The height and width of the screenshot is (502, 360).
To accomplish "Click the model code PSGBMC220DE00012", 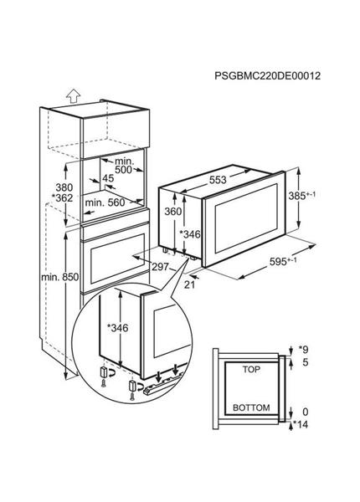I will pyautogui.click(x=269, y=75).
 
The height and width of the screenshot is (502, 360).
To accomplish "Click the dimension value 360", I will pyautogui.click(x=172, y=213).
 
